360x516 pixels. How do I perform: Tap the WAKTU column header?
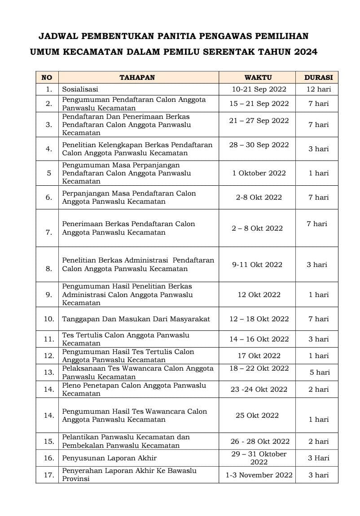click(x=258, y=77)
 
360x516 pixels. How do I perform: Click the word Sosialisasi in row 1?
click(x=80, y=89)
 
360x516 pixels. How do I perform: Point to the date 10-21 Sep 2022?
click(x=259, y=89)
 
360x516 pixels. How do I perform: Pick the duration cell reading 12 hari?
click(x=318, y=89)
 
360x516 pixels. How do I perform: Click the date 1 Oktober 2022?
click(x=259, y=173)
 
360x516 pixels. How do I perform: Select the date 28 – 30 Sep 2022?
click(x=259, y=145)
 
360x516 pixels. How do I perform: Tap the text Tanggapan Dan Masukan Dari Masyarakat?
click(x=136, y=319)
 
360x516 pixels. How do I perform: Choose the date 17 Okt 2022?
click(x=259, y=356)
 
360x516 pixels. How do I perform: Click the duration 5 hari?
click(x=320, y=372)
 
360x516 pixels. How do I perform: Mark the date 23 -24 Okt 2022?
click(x=259, y=389)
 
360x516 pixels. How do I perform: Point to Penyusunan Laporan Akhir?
click(x=110, y=458)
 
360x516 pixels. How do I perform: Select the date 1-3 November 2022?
click(x=259, y=475)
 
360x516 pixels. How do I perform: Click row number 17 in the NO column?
click(x=49, y=475)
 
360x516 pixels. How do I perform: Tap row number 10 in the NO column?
click(x=49, y=319)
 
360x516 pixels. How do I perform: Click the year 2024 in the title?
click(x=306, y=52)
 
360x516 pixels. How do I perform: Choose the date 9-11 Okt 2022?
click(x=257, y=265)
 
